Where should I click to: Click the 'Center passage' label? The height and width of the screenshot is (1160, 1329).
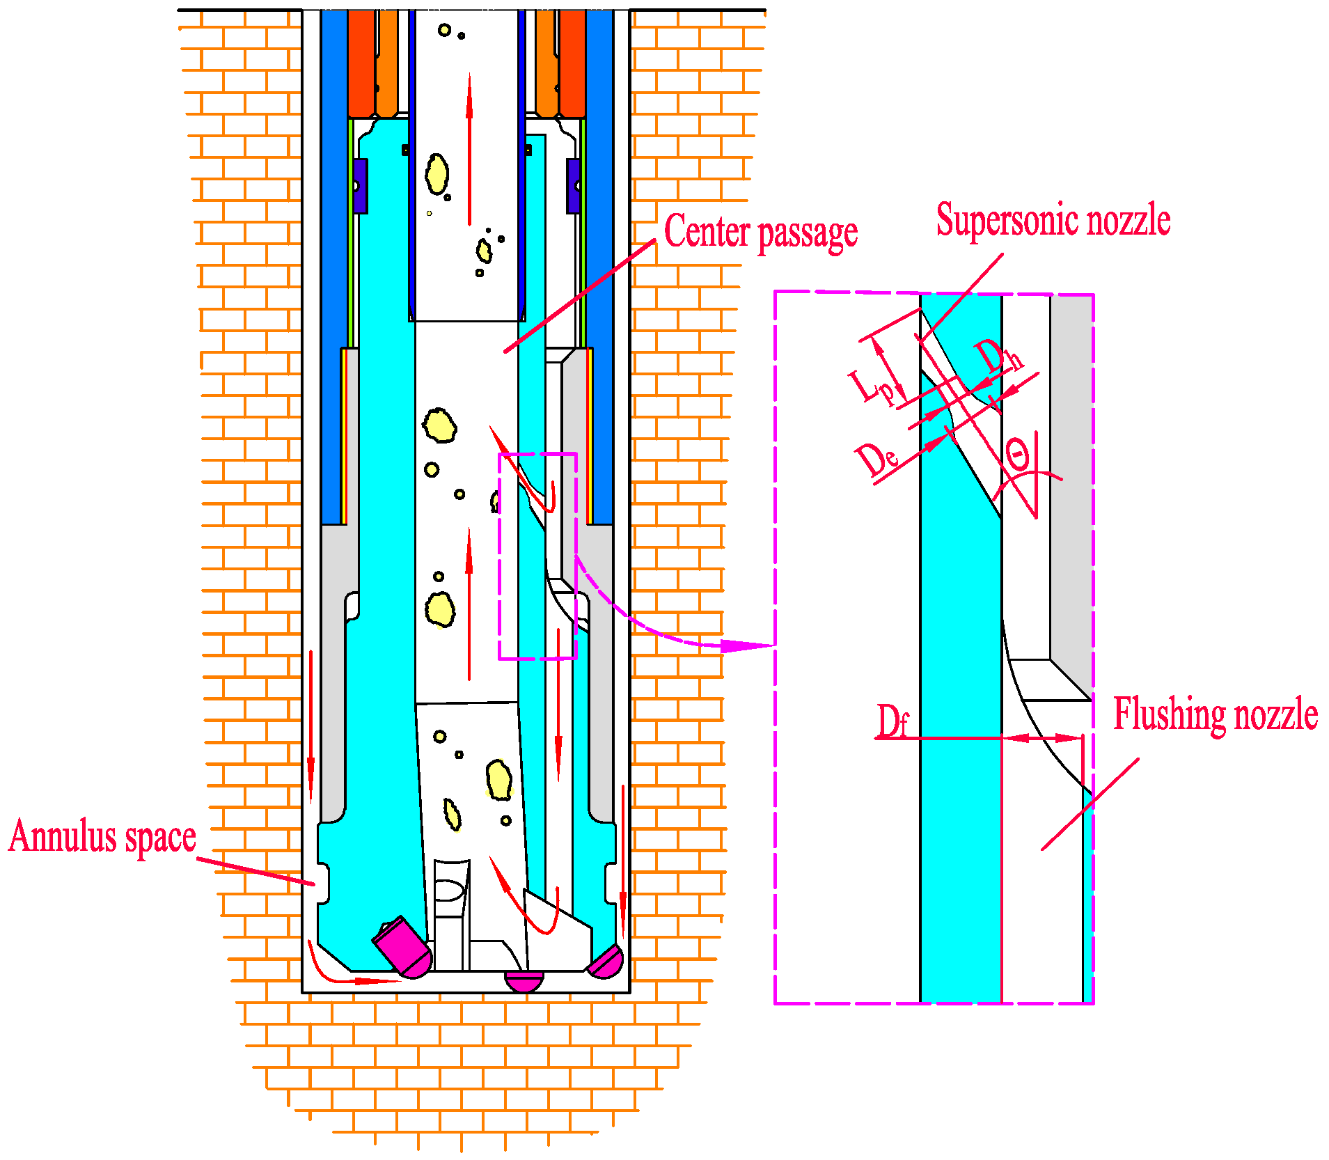pyautogui.click(x=760, y=233)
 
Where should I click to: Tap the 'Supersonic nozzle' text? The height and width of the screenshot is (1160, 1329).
pyautogui.click(x=1053, y=220)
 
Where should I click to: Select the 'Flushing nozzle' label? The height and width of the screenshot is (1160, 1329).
pyautogui.click(x=1215, y=714)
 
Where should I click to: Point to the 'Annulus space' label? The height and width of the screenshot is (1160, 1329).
pyautogui.click(x=102, y=836)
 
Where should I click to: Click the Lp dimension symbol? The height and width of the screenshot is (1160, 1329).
pyautogui.click(x=870, y=387)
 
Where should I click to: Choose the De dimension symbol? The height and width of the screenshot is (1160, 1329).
pyautogui.click(x=876, y=460)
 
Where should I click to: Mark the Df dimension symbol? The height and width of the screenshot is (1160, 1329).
pyautogui.click(x=892, y=721)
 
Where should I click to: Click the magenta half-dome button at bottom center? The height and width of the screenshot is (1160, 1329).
pyautogui.click(x=524, y=981)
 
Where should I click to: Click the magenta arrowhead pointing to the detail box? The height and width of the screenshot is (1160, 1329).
pyautogui.click(x=745, y=645)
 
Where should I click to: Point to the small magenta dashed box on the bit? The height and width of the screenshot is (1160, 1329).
pyautogui.click(x=537, y=556)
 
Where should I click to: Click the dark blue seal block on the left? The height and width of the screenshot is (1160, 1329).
pyautogui.click(x=360, y=186)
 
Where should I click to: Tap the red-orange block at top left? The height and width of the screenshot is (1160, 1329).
pyautogui.click(x=361, y=63)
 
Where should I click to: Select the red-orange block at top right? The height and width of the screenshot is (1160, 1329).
pyautogui.click(x=572, y=63)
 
